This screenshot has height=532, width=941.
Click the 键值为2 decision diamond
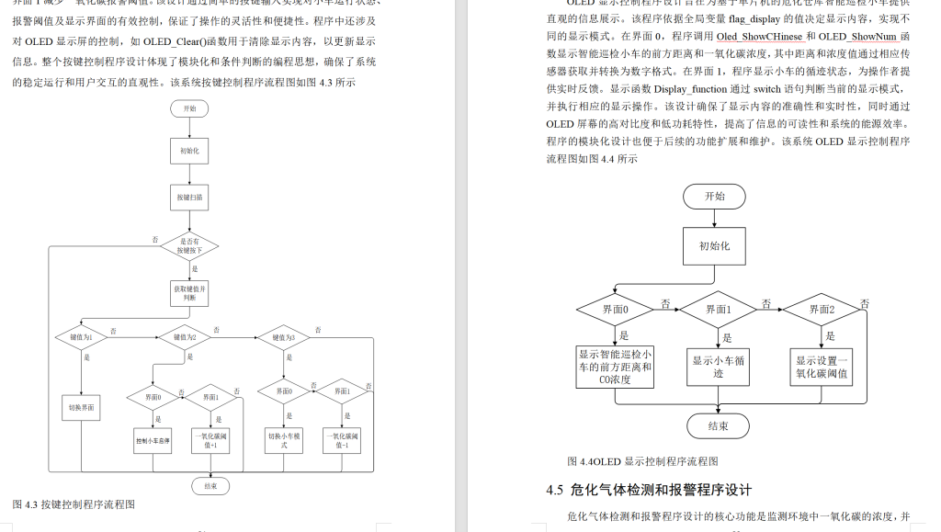click(x=191, y=337)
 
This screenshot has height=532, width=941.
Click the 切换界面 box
click(x=83, y=407)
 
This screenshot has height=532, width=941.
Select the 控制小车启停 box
click(x=153, y=440)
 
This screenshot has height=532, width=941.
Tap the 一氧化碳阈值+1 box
click(x=210, y=440)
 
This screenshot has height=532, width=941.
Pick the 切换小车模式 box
click(x=284, y=440)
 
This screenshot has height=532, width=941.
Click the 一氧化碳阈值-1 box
click(x=341, y=440)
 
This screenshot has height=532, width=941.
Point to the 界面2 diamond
click(x=822, y=310)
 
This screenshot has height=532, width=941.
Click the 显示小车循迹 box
click(x=718, y=367)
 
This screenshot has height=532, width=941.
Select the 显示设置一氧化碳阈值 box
click(x=822, y=367)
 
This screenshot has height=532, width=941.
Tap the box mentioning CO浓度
click(x=615, y=367)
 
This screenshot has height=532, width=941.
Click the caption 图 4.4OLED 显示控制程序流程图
click(x=642, y=461)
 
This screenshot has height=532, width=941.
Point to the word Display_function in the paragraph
click(x=691, y=89)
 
